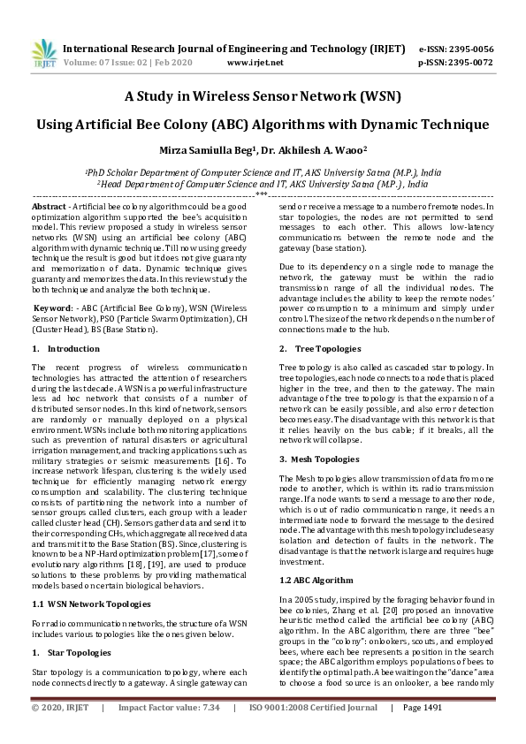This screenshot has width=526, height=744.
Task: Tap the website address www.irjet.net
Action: click(x=255, y=63)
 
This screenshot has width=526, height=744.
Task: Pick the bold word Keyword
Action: click(x=52, y=307)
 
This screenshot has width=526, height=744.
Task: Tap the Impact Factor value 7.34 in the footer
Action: click(x=210, y=733)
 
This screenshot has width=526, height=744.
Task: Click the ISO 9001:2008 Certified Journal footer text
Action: click(x=313, y=733)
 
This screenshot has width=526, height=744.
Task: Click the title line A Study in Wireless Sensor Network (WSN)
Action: click(x=263, y=95)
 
